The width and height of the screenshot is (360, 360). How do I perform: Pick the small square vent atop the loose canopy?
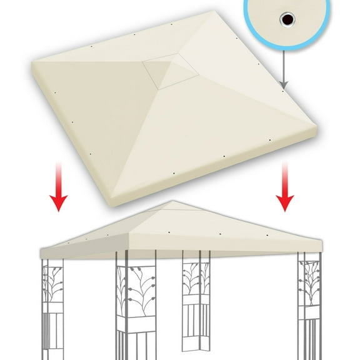click(166, 67)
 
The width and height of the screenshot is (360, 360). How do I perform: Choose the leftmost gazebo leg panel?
click(51, 306)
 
